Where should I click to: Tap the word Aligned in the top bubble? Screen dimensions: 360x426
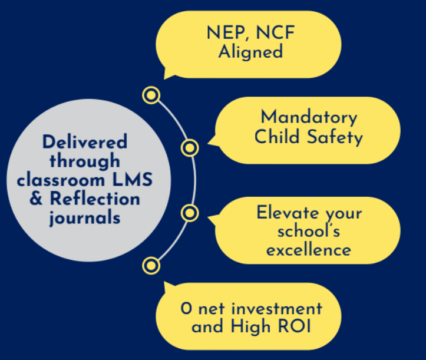[x=250, y=51]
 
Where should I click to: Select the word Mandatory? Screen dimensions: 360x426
[x=309, y=117]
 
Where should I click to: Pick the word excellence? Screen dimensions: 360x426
[x=309, y=250]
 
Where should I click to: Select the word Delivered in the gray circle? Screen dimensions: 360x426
[x=85, y=142]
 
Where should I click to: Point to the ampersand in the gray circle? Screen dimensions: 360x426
[x=37, y=199]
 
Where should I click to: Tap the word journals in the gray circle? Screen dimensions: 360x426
[x=85, y=217]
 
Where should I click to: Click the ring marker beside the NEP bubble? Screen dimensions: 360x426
[x=151, y=95]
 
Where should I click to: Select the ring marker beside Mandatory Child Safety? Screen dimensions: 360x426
[x=190, y=148]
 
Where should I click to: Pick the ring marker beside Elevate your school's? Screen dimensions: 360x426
[x=190, y=212]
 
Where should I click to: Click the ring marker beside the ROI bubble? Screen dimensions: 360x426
[x=151, y=266]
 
